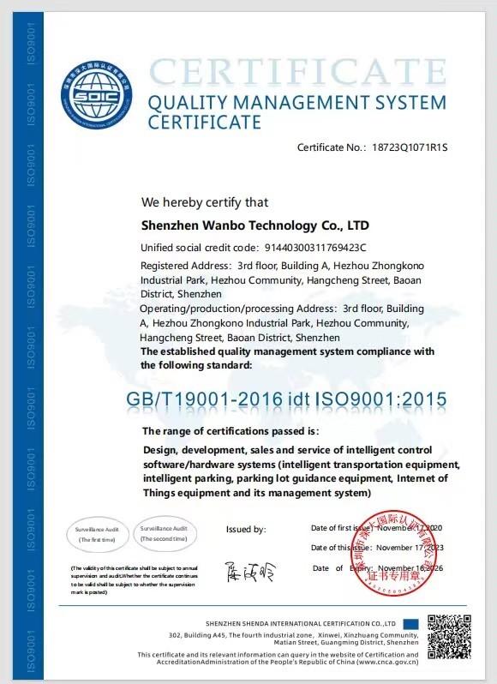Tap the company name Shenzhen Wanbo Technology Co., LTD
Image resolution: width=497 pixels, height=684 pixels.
pos(254,225)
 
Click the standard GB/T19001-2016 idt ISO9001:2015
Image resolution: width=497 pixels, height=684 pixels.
pos(287,399)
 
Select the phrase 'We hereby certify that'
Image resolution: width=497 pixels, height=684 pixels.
pos(205,202)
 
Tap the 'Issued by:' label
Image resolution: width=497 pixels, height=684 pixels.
pos(246,530)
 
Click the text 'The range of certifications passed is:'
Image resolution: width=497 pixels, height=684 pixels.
pos(231,430)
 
